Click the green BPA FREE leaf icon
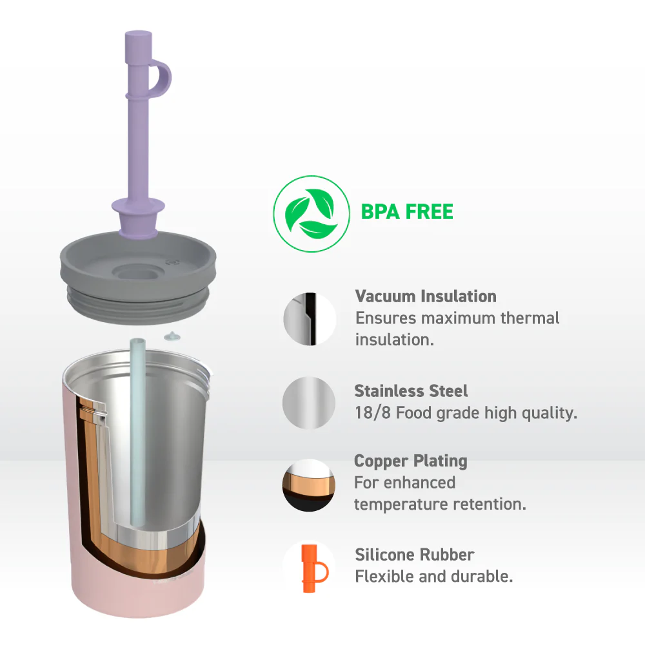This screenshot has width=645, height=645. [x=312, y=213]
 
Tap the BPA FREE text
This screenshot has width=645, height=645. [x=407, y=212]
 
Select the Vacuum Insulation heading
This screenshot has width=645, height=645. [x=426, y=296]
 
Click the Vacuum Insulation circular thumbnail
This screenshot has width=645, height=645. [x=310, y=319]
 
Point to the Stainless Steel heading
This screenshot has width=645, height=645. [x=411, y=390]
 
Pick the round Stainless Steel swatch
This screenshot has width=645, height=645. [x=309, y=403]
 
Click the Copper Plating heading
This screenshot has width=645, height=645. [x=411, y=461]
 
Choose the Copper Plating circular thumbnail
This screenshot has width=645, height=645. [x=309, y=485]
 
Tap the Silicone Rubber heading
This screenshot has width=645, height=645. [x=414, y=555]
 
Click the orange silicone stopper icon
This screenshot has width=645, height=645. [x=314, y=568]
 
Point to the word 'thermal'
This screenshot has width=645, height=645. [x=530, y=318]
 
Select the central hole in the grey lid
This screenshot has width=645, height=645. [x=137, y=273]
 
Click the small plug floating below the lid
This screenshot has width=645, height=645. [x=172, y=336]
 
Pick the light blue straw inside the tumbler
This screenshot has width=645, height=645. [x=137, y=431]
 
